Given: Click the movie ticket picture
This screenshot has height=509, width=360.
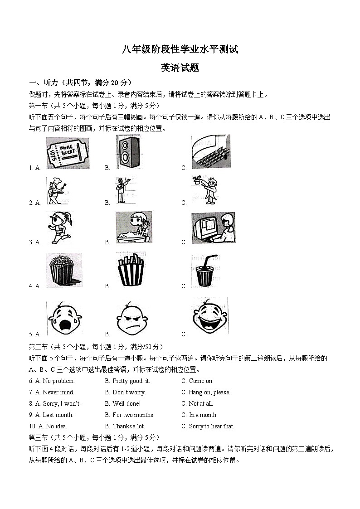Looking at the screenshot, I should [x=68, y=153].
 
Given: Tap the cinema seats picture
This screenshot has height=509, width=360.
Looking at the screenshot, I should [x=210, y=152].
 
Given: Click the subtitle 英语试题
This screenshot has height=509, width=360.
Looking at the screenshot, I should [x=180, y=68].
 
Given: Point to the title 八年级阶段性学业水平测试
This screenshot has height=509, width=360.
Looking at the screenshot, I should [x=180, y=50].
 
